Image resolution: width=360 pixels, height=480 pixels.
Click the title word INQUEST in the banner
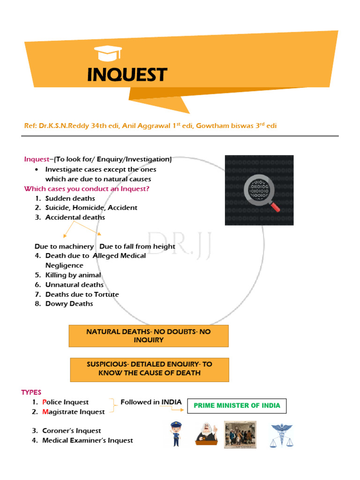coord(127,75)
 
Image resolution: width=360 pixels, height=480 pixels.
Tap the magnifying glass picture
coord(259,190)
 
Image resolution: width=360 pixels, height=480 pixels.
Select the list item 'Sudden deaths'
coord(70,198)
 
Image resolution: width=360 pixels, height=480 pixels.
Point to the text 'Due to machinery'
coord(64,247)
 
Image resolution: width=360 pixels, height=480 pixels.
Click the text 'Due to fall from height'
coord(137,247)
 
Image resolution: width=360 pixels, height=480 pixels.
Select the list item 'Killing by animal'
coord(73,275)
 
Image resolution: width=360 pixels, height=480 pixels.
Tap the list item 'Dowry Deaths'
coord(69,304)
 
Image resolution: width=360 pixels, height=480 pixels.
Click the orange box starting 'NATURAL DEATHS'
coord(149,336)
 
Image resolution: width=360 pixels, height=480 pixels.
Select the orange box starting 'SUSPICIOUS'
coord(150,368)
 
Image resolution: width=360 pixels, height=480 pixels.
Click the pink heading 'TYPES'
coord(31,392)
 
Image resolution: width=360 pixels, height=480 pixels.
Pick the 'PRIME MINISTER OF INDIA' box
coord(237,405)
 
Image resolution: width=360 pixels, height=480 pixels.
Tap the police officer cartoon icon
coord(176,433)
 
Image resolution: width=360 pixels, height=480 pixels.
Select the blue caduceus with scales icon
coord(280,435)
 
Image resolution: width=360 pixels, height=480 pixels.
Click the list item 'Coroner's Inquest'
coord(72,431)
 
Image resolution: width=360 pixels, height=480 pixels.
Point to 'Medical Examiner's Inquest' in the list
coord(88,441)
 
